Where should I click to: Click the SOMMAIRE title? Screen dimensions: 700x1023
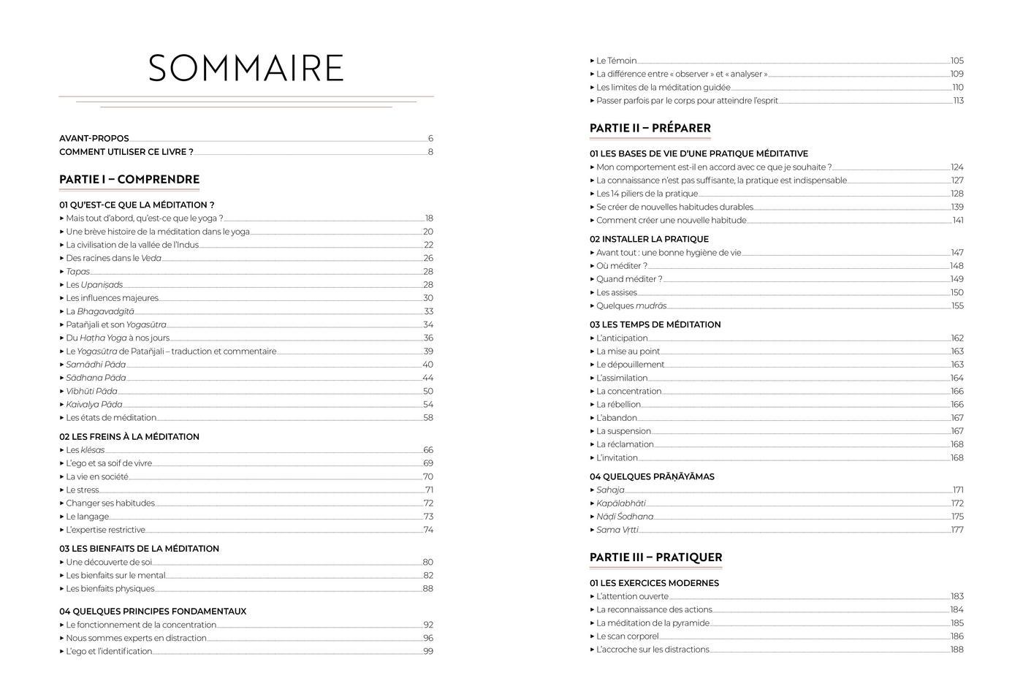tap(246, 68)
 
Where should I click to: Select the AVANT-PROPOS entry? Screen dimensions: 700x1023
tap(94, 138)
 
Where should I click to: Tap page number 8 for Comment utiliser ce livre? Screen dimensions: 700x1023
tap(430, 152)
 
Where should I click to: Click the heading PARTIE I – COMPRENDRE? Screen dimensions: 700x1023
tap(129, 179)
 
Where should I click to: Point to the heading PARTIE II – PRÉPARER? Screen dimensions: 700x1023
tap(650, 128)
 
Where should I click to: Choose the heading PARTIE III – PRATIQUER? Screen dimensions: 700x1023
tap(655, 557)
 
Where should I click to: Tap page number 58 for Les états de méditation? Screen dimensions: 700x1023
tap(428, 418)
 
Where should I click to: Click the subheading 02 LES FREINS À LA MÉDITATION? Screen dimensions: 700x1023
tap(129, 437)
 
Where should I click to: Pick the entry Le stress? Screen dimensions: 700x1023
tap(83, 490)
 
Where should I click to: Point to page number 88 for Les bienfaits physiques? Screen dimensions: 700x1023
tap(428, 589)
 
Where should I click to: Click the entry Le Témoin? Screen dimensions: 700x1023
tap(616, 61)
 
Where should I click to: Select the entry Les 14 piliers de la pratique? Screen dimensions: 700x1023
tap(647, 194)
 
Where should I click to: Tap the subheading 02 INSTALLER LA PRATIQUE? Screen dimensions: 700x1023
tap(649, 239)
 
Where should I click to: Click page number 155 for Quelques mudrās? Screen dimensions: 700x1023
tap(957, 306)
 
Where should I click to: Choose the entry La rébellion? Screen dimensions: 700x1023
tap(618, 404)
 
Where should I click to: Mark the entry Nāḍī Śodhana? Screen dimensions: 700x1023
tap(625, 517)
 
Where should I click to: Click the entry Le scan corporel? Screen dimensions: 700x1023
tap(627, 636)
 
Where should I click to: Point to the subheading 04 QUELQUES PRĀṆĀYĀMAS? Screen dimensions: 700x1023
tap(652, 476)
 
